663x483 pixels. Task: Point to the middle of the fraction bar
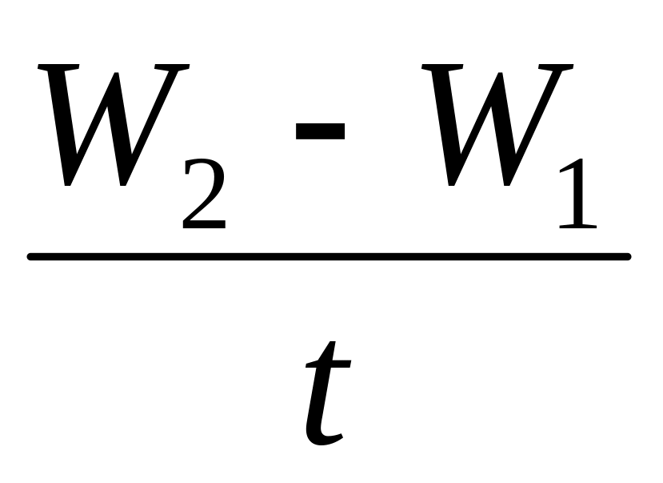click(x=330, y=256)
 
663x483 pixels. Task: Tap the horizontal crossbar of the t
click(x=328, y=365)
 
